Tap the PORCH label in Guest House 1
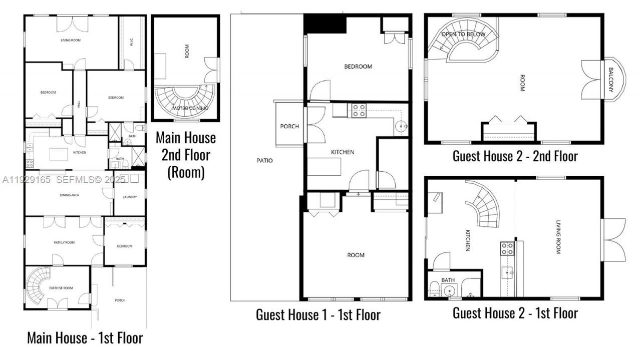289,126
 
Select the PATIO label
265,160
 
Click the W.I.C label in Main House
131,43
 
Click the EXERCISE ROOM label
61,288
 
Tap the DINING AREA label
68,195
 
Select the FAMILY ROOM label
64,242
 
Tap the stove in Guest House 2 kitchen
507,249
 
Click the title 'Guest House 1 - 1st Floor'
318,315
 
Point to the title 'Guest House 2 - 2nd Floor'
515,156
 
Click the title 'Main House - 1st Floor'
85,338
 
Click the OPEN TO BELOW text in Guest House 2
463,34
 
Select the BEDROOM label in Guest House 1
358,67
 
